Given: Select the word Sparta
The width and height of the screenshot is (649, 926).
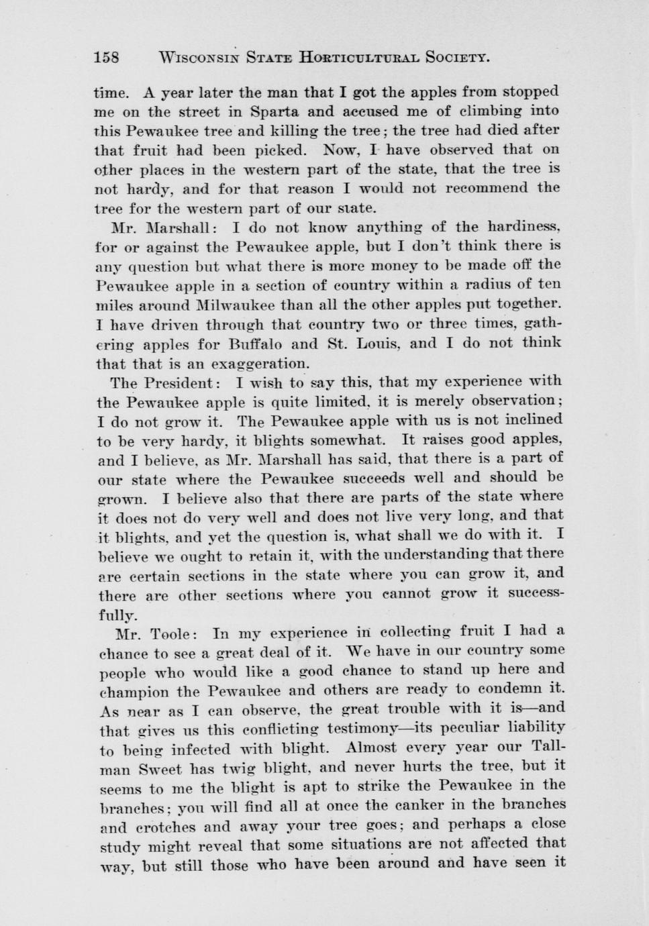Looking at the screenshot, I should tap(275, 111).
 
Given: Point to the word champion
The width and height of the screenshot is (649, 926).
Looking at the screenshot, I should tap(132, 691).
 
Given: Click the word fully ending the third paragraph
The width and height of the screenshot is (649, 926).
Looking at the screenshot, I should tap(117, 614).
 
